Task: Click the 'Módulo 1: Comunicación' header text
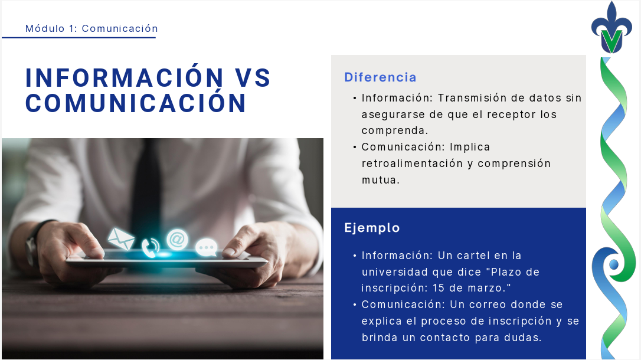click(x=91, y=28)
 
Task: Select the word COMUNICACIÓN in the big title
click(x=136, y=103)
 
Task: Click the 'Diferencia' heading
click(x=380, y=77)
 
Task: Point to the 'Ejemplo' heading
click(x=372, y=228)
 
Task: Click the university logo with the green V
click(x=612, y=30)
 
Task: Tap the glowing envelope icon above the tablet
click(x=121, y=238)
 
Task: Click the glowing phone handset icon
click(x=151, y=246)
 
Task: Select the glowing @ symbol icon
click(x=176, y=239)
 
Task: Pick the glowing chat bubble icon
click(x=206, y=247)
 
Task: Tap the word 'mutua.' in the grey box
click(x=381, y=180)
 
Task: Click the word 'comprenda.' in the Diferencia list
click(x=395, y=130)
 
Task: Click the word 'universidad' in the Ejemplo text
click(x=394, y=272)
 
